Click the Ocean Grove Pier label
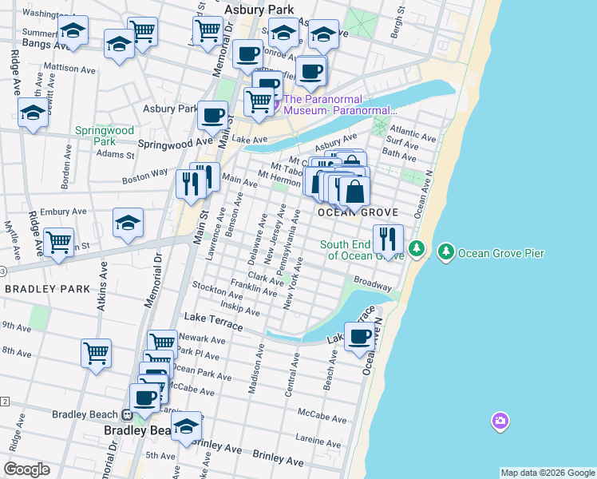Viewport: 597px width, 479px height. tap(501, 254)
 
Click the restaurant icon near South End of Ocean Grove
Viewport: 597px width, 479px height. tap(388, 239)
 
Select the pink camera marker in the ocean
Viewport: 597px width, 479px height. tap(500, 420)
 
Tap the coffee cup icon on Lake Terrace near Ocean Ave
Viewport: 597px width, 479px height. tap(360, 336)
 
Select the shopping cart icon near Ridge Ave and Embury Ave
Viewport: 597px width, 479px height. tap(58, 242)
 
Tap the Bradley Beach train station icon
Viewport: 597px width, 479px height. tap(126, 415)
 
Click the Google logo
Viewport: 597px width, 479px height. tap(26, 469)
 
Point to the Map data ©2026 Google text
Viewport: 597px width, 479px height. tap(548, 473)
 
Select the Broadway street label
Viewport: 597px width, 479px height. tap(373, 283)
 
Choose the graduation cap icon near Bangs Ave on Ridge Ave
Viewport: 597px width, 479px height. tap(34, 114)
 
